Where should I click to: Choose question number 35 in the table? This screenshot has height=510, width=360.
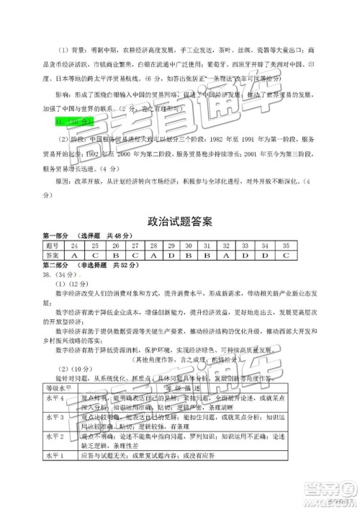[x=285, y=246]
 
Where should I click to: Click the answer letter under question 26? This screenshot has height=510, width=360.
[x=112, y=255]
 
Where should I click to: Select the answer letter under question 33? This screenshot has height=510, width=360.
[x=246, y=255]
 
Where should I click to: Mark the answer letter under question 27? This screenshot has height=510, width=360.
[x=132, y=255]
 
